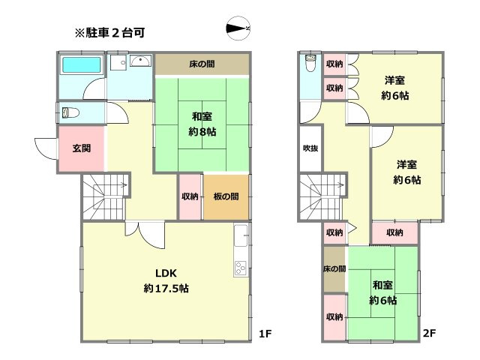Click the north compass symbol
(x=238, y=29)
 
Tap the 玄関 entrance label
(x=82, y=148)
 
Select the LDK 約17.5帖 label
(x=166, y=280)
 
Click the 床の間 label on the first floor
(x=202, y=64)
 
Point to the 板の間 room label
(x=226, y=196)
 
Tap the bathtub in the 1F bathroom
(x=80, y=66)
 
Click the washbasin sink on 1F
(x=140, y=62)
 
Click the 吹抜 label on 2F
(x=310, y=148)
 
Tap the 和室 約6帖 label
(x=382, y=292)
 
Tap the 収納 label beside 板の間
(x=190, y=196)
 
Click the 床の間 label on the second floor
(x=334, y=268)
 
